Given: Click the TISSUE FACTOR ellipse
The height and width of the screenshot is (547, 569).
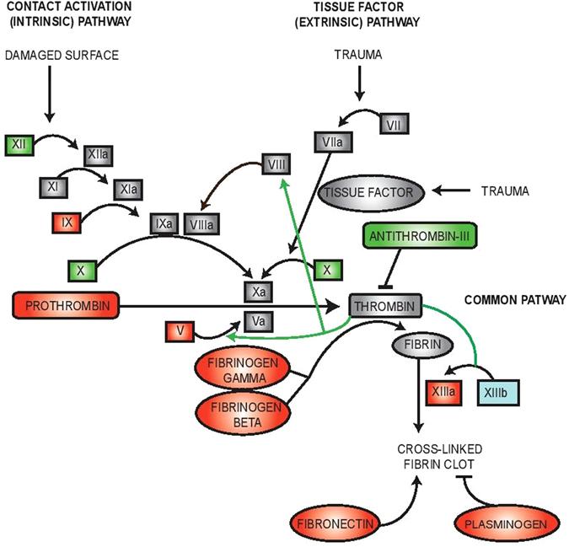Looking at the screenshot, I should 368,192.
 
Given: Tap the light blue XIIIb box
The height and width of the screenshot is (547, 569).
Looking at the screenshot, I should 497,393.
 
